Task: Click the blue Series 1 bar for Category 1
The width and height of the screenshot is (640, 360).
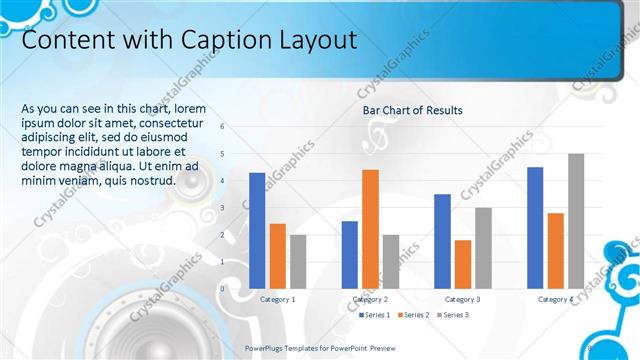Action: coord(257,230)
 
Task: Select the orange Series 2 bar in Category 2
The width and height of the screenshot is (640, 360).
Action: coord(370,228)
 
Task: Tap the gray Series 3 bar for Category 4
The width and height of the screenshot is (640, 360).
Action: coord(576,220)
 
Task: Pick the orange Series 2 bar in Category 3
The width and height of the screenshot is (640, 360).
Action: coord(463,263)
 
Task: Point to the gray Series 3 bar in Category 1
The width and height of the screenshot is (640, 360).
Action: coord(298,261)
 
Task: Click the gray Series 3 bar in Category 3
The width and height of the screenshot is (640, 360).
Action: coord(483,247)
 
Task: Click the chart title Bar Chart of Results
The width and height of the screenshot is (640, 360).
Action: coord(412,110)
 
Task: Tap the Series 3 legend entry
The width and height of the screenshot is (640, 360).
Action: coord(452,315)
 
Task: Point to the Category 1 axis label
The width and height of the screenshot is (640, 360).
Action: coord(277,299)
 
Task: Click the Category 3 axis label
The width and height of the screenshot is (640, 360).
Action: coord(462,299)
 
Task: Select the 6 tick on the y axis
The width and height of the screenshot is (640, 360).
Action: coord(236,127)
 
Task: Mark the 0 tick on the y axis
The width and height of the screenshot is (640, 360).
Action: coord(236,288)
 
